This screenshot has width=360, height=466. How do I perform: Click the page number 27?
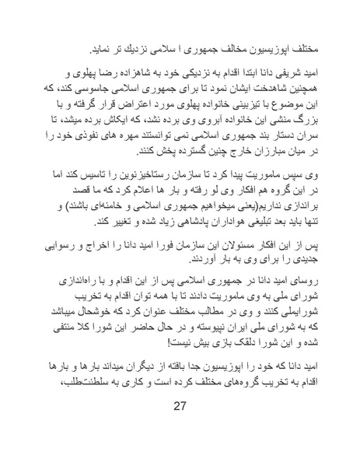pos(180,426)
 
